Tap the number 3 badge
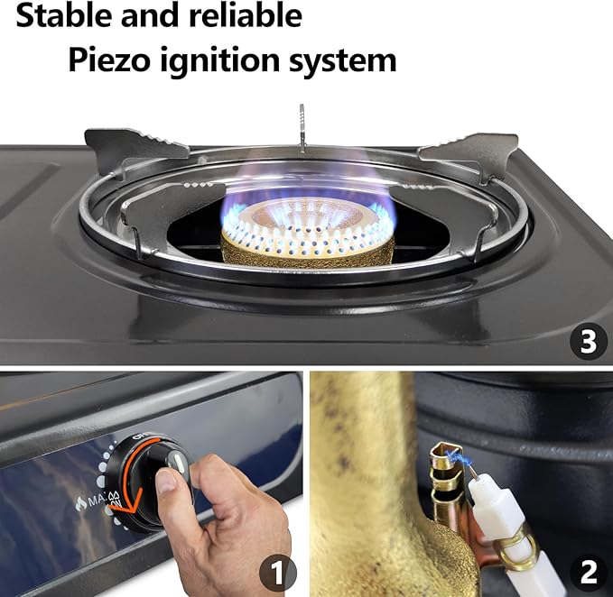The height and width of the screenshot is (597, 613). (588, 342)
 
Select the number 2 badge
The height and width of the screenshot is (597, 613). (588, 572)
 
